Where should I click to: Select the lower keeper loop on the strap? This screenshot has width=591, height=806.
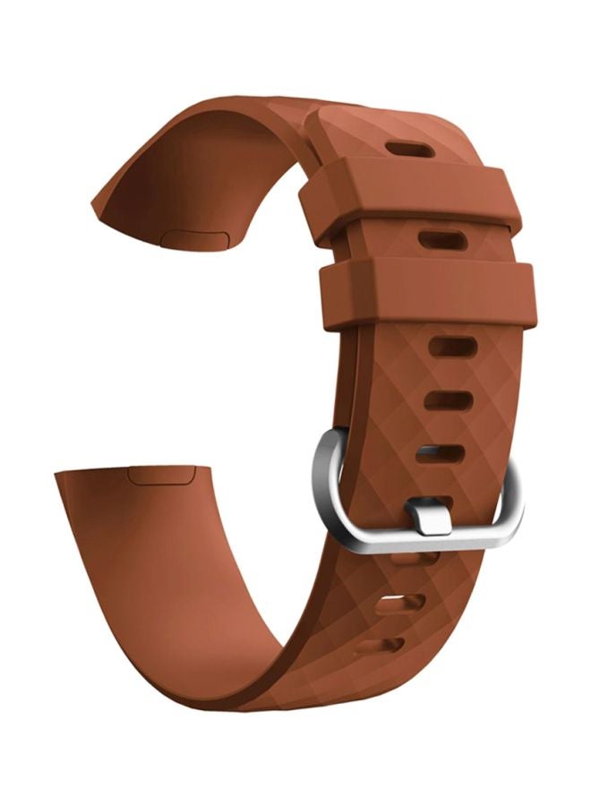(x=428, y=295)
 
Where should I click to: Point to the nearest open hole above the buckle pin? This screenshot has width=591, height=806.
(x=441, y=454)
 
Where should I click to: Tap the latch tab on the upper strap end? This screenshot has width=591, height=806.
(x=195, y=237)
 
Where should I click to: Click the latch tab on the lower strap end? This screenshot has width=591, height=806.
(x=162, y=475)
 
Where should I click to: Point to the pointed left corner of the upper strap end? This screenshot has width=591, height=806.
(x=93, y=208)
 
